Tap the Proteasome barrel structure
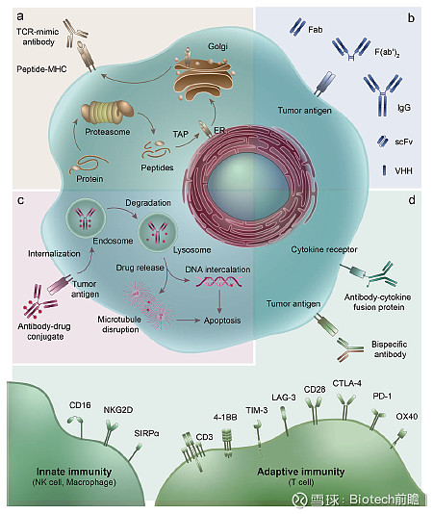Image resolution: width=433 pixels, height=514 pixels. click(x=107, y=113)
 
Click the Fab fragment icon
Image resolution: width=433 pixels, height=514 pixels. click(x=297, y=27)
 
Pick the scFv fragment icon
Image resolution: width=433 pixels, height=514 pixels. click(x=383, y=141)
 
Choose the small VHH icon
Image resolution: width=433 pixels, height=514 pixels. click(x=384, y=170)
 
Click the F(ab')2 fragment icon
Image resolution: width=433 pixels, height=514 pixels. click(x=350, y=49)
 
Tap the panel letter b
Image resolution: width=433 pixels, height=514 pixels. click(x=411, y=18)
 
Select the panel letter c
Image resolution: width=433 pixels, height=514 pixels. click(x=20, y=200)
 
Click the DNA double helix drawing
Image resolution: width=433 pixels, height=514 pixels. click(x=218, y=282)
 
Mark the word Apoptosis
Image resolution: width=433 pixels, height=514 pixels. click(x=222, y=321)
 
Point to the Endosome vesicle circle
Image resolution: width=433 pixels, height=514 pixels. click(x=86, y=218)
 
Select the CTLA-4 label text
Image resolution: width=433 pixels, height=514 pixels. click(x=346, y=383)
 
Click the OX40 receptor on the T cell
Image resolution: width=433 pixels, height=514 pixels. click(x=400, y=438)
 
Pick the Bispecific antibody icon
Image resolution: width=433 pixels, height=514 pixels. click(x=350, y=349)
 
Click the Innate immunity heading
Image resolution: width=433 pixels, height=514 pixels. click(x=74, y=472)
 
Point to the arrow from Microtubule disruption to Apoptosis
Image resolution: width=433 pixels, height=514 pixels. click(x=188, y=321)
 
